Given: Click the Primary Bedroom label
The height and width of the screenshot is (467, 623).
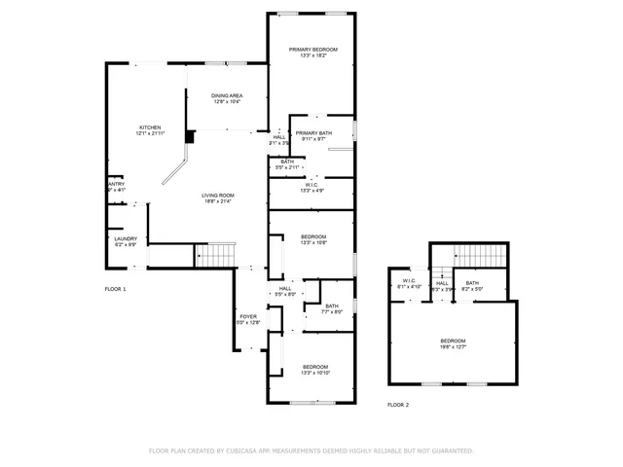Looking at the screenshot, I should pyautogui.click(x=312, y=49).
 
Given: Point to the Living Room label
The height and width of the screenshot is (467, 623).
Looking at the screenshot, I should pyautogui.click(x=218, y=196).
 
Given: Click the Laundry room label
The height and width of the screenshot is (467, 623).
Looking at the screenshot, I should pyautogui.click(x=126, y=238).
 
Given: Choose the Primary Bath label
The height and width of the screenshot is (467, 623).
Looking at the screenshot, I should pyautogui.click(x=312, y=133).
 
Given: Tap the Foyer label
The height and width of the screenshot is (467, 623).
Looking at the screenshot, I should pyautogui.click(x=248, y=316).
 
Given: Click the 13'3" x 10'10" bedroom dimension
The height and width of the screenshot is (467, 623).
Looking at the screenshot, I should pyautogui.click(x=315, y=373).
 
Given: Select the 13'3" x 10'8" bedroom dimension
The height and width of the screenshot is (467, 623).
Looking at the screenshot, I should pyautogui.click(x=312, y=243).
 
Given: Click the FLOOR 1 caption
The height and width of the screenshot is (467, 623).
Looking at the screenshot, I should pyautogui.click(x=116, y=289).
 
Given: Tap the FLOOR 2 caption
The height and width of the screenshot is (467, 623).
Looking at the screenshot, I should pyautogui.click(x=398, y=404).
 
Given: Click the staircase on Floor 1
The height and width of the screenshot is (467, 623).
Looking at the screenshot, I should pyautogui.click(x=216, y=255).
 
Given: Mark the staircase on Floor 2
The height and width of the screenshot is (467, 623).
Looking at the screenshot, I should pyautogui.click(x=482, y=255).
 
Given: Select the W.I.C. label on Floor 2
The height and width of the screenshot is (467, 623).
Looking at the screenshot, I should pyautogui.click(x=409, y=282).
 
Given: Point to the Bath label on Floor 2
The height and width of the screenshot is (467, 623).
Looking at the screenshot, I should pyautogui.click(x=472, y=282).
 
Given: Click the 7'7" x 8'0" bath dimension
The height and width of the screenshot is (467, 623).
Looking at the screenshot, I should pyautogui.click(x=332, y=312).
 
